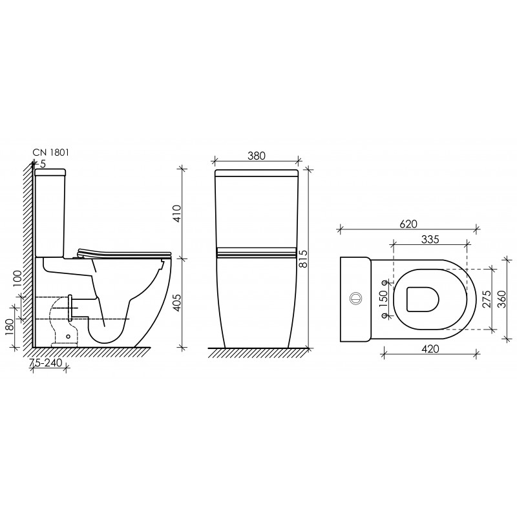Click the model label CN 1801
tap(51, 153)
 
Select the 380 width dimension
tap(256, 156)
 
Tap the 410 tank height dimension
tap(177, 213)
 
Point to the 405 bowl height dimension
tap(177, 302)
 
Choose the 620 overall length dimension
tap(408, 224)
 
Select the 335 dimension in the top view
tap(430, 239)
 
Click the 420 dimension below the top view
tap(430, 349)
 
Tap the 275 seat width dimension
tap(487, 299)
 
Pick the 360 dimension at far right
tap(502, 299)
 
